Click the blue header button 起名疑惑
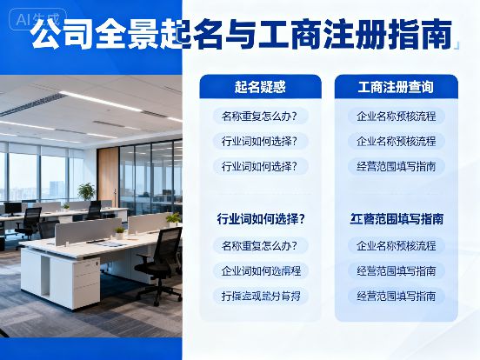pos(260,87)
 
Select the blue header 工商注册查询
pos(396,87)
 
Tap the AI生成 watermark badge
pos(33,17)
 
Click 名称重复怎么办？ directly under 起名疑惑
pos(260,116)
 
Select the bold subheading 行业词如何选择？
pos(260,218)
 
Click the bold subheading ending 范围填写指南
pos(397,218)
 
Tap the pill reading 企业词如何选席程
pos(260,270)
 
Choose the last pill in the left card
pos(260,296)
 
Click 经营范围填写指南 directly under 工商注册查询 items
pos(397,165)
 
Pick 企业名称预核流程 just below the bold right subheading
pos(397,245)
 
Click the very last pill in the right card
pos(397,296)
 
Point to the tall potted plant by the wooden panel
pos(86,192)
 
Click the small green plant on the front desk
pos(119,231)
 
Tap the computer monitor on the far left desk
pos(12,208)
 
